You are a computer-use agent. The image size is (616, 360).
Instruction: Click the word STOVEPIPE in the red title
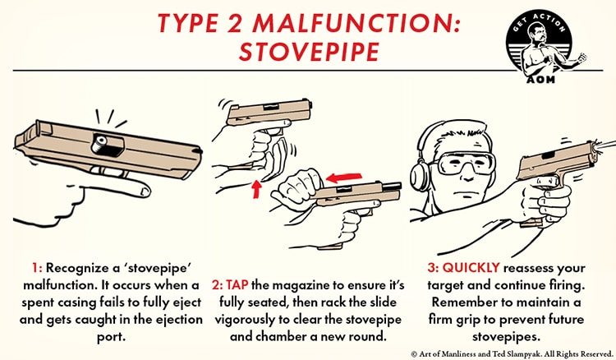[x=309, y=51]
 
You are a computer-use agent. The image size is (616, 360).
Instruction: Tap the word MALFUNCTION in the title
[x=356, y=23]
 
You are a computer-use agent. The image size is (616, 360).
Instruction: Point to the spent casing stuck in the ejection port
[x=101, y=144]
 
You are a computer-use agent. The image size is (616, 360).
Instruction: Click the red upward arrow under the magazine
[x=256, y=188]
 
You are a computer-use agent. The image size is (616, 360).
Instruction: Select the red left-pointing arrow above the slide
[x=343, y=177]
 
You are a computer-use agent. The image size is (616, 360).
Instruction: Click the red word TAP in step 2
[x=237, y=284]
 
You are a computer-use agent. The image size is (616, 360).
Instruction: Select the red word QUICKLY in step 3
[x=471, y=268]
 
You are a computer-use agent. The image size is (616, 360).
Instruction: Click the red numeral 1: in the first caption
[x=37, y=268]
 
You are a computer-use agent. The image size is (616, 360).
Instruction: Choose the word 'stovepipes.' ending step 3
[x=506, y=337]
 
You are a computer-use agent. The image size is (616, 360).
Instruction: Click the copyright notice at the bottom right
[x=512, y=353]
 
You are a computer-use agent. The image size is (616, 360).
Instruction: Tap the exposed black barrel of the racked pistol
[x=391, y=187]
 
